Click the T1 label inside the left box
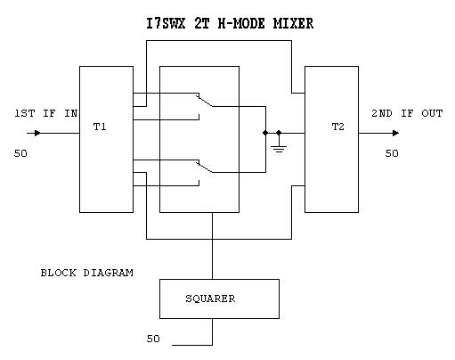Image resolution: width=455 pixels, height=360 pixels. pos(100,127)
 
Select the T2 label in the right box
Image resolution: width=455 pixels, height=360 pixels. pos(337,127)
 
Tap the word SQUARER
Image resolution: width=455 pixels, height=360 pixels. pos(210,299)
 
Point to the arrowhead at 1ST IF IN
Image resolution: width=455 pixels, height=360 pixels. pos(37,133)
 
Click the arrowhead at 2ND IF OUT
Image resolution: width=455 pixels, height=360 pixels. pos(395,133)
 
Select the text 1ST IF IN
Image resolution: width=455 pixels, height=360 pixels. pos(46,113)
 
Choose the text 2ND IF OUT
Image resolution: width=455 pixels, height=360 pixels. pos(407,113)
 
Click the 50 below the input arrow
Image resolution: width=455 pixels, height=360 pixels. pos(20,153)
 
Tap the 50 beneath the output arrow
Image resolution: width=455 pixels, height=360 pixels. pos(392,153)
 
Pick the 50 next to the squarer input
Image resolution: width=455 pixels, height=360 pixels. pos(153,339)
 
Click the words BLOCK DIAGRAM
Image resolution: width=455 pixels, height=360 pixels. pos(86,273)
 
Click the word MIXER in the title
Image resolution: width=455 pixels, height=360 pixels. pos(293,23)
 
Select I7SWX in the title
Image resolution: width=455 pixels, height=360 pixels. pos(166,23)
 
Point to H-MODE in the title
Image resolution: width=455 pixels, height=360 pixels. pos(241,23)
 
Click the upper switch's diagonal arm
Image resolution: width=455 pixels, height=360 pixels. pos(204,101)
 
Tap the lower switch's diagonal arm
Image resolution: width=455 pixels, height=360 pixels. pos(204,167)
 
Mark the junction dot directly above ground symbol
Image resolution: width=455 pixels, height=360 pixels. pos(279,133)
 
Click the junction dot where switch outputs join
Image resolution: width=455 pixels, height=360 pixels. pos(265,133)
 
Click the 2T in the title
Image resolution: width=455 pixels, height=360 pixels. pos(202,23)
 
